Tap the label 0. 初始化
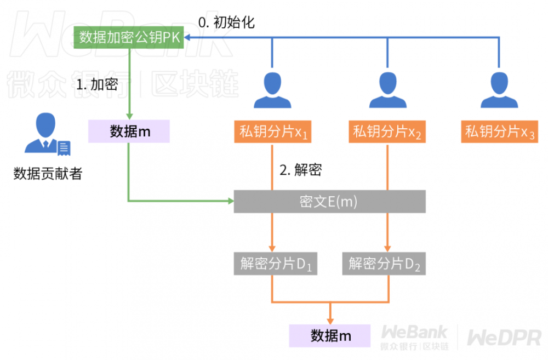226,22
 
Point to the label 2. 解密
300,170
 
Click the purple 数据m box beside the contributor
129,132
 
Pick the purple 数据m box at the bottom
330,335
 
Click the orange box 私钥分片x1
272,132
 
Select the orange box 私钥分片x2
387,132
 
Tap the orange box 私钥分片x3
499,132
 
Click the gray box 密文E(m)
329,202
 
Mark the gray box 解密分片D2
384,264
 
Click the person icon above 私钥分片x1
272,89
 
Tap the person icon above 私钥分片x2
388,89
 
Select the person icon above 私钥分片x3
499,89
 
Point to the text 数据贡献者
48,174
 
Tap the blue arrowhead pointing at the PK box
186,37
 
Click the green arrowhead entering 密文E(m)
230,202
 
